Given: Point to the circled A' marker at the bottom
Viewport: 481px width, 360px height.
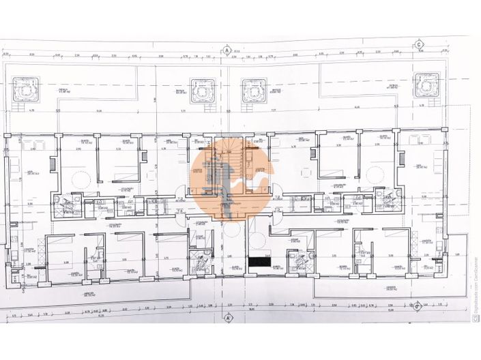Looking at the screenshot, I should (x=229, y=318).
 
